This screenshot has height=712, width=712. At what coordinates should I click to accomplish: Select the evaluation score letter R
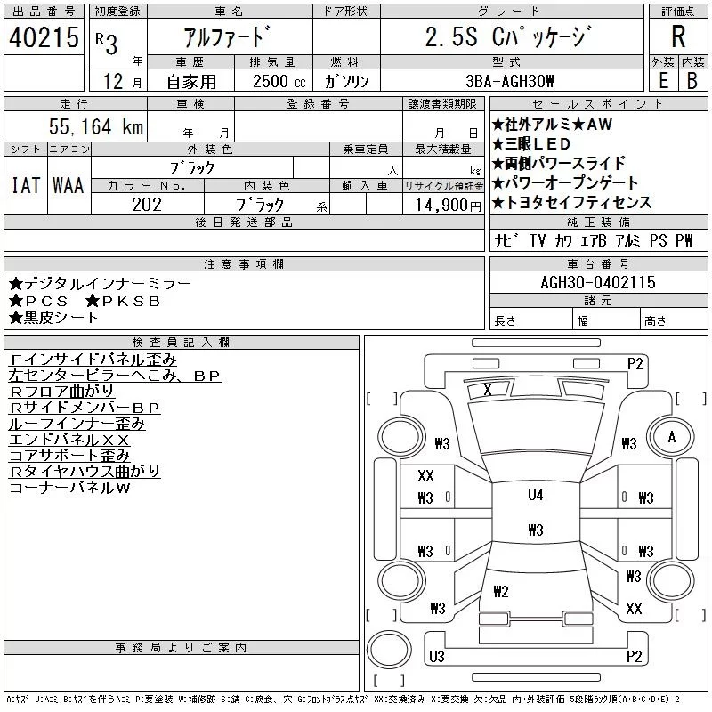coord(678,37)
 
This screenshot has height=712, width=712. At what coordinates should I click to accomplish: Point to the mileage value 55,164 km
coord(97,127)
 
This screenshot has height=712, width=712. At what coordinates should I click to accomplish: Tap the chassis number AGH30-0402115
coord(598,282)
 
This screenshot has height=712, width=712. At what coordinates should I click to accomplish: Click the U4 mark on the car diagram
coord(535,495)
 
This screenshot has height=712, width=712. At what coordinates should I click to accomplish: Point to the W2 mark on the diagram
coord(500,591)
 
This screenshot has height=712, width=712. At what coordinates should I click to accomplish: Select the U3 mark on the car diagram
coord(436,657)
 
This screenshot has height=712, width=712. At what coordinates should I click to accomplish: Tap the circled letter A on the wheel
coord(672,437)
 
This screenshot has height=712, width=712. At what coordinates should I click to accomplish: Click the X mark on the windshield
coord(487,389)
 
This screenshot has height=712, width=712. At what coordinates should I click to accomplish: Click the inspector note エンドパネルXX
coord(69,440)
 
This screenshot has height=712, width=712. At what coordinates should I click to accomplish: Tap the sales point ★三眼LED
coord(531,144)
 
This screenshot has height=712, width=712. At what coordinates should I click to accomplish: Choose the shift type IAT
coord(26,185)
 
